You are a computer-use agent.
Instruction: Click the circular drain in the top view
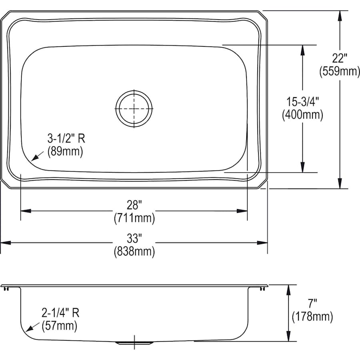pos(134,108)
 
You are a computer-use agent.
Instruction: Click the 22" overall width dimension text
pos(338,58)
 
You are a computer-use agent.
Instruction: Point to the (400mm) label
pos(302,115)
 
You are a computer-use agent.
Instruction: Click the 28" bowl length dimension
pos(134,205)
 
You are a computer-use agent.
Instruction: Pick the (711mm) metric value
pos(134,219)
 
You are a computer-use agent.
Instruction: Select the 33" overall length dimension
pos(134,238)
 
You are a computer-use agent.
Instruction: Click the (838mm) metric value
pos(134,252)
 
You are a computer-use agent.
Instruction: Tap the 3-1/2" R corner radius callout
pos(66,138)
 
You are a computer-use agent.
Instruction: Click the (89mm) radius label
pos(65,152)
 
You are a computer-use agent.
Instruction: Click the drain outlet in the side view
pos(134,343)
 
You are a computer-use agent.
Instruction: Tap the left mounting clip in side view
pos(6,288)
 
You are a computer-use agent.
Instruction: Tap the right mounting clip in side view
pos(263,288)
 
